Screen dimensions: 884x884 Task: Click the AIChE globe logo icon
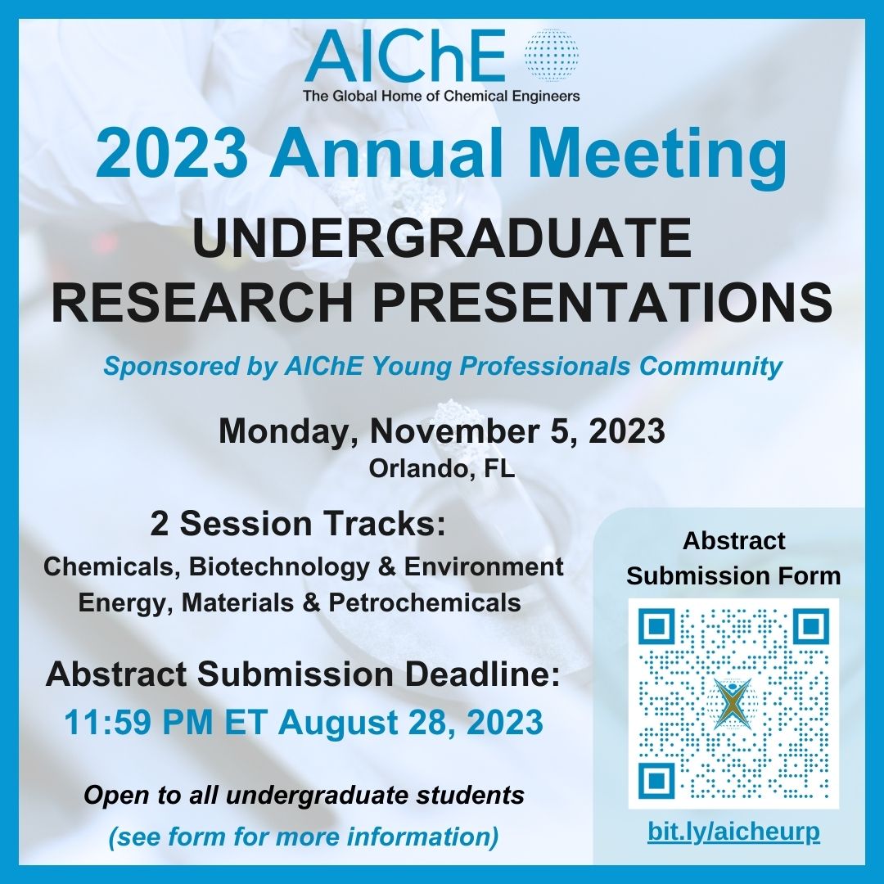550,56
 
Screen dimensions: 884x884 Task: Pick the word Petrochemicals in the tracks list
425,603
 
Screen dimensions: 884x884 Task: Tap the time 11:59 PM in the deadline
131,723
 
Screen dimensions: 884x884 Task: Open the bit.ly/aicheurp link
733,832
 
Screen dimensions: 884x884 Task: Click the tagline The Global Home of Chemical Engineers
441,97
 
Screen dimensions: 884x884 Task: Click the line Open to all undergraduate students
304,795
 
